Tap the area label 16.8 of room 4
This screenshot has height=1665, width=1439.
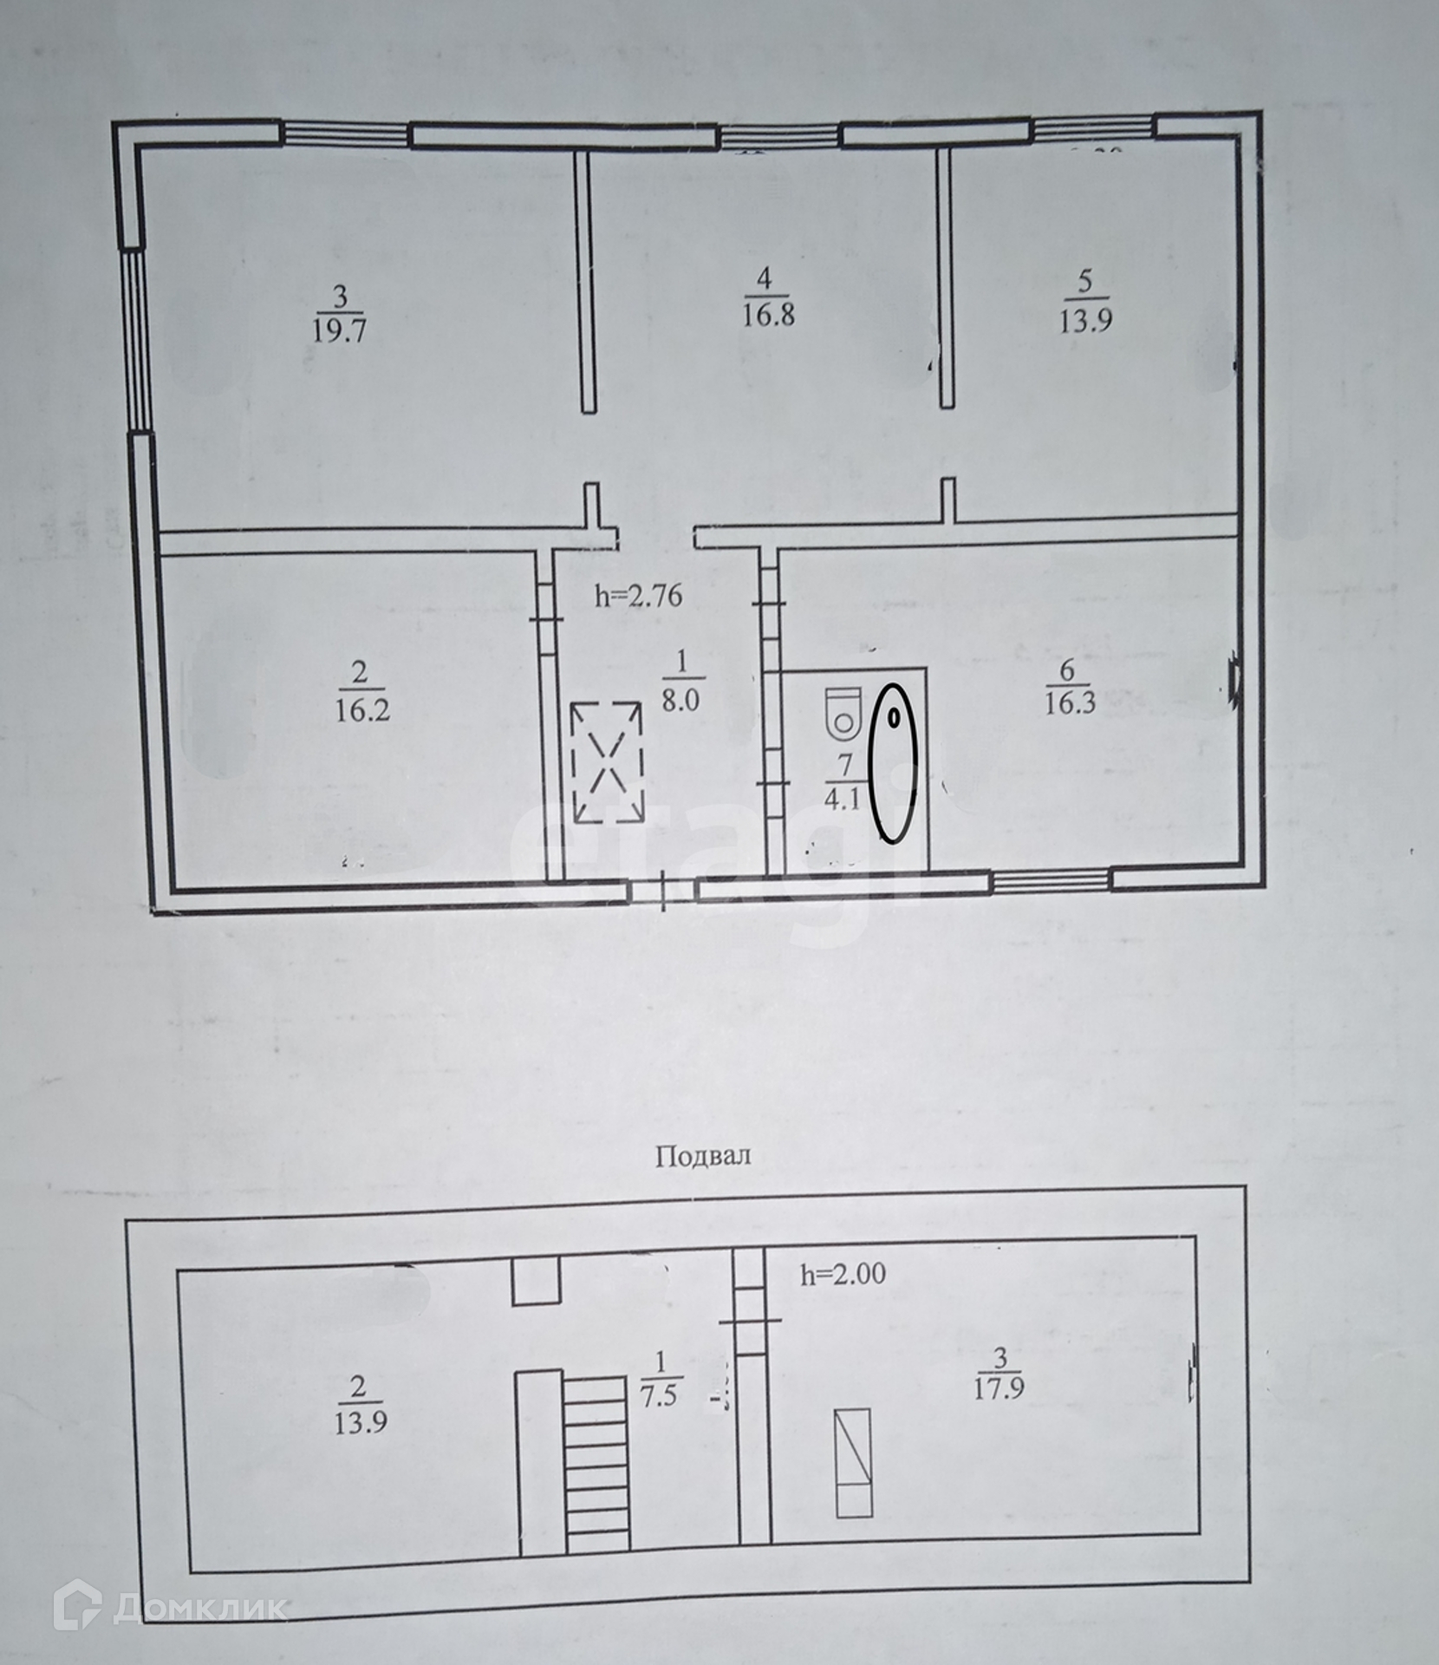768,314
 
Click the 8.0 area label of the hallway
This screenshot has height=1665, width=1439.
680,700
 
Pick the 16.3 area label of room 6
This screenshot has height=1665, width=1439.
1070,702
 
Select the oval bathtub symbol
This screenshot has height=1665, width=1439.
893,762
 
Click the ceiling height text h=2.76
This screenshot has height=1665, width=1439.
639,596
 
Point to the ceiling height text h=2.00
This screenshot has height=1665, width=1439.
842,1274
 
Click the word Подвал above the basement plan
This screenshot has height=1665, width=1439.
703,1156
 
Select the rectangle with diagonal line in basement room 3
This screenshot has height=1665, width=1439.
853,1463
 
